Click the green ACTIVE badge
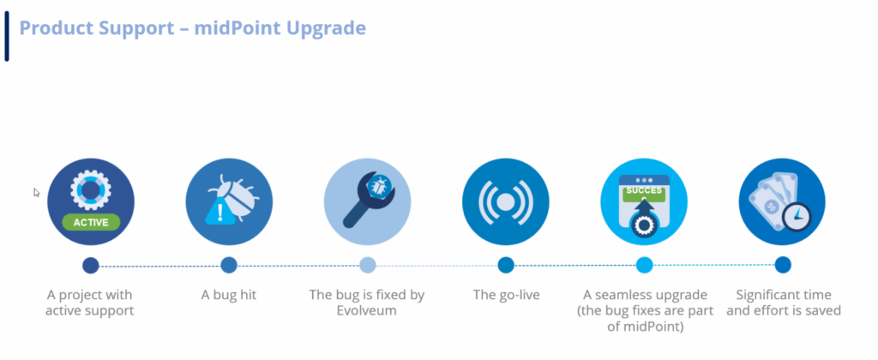coord(91,222)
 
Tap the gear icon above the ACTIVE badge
coord(91,189)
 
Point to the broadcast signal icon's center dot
coord(505,201)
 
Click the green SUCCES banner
coord(644,191)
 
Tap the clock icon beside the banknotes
coord(797,217)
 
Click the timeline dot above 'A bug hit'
coord(228,265)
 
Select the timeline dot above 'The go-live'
coord(506,265)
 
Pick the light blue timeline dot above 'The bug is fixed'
coord(367,265)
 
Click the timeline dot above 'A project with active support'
coord(91,265)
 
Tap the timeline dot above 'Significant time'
coord(783,265)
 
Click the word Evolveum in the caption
coord(367,310)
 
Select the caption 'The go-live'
coord(506,295)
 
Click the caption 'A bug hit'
coord(228,295)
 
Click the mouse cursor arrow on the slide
coord(36,193)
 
